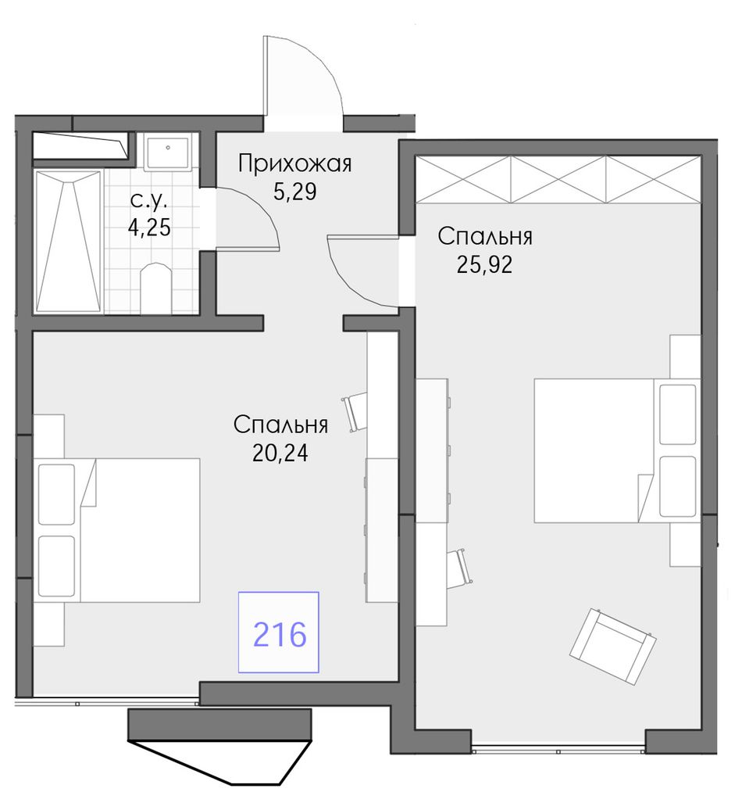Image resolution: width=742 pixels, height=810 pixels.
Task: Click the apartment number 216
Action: (280, 634)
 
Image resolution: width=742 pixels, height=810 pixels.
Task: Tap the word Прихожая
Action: (294, 163)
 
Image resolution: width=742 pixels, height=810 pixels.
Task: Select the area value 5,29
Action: (294, 192)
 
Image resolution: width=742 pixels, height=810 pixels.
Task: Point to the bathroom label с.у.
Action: (149, 201)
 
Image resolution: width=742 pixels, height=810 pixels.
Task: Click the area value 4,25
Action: (149, 228)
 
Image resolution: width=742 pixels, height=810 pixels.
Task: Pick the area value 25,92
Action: (484, 264)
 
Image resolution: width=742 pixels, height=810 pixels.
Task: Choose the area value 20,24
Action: (280, 453)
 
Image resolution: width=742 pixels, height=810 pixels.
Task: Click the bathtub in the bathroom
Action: (67, 242)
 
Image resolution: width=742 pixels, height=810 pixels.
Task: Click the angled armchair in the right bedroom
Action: (612, 647)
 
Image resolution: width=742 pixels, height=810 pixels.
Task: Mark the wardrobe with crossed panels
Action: (558, 179)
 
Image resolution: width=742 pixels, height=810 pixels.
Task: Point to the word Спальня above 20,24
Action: (280, 425)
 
